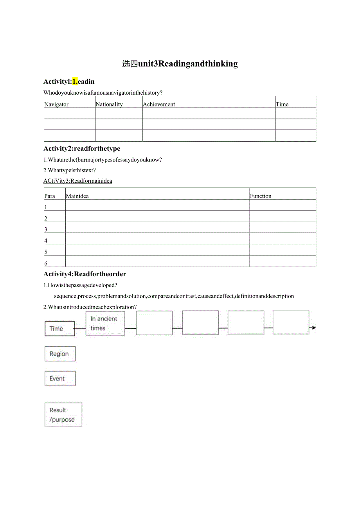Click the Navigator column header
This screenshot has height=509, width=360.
tap(57, 104)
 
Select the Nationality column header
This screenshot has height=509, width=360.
tap(109, 104)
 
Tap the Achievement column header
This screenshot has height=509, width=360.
tap(159, 104)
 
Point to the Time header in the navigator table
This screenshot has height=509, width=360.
tap(282, 104)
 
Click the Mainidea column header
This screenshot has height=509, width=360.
tap(77, 196)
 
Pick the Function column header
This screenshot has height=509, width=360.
tap(261, 196)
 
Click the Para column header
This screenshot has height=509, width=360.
tap(50, 196)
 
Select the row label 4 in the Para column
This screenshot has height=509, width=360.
tap(46, 241)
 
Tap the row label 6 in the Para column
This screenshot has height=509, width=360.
tap(46, 263)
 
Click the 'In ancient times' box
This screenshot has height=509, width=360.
tap(105, 324)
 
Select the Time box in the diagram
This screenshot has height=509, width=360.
tap(59, 329)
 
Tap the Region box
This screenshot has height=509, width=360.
tap(60, 354)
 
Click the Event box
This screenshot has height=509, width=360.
tap(60, 378)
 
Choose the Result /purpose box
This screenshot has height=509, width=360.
tap(63, 415)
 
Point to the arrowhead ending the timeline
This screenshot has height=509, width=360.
tap(313, 328)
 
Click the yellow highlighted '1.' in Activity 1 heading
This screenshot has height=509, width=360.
tap(75, 81)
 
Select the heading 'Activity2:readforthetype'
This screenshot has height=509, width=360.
tap(82, 148)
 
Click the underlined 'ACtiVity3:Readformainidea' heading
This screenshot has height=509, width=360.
tap(77, 181)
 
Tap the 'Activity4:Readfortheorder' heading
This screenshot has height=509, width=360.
tap(85, 274)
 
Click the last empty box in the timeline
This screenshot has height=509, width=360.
tap(291, 322)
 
